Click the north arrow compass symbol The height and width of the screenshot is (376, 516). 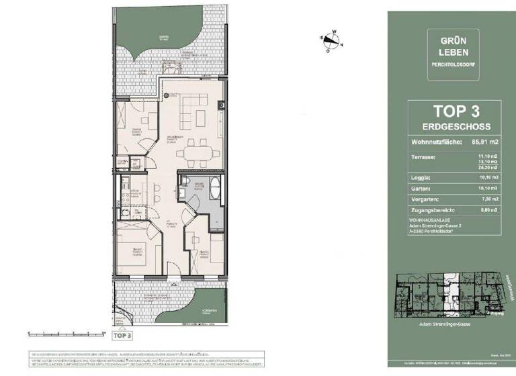(x=328, y=42)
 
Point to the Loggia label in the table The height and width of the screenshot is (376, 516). (x=420, y=178)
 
